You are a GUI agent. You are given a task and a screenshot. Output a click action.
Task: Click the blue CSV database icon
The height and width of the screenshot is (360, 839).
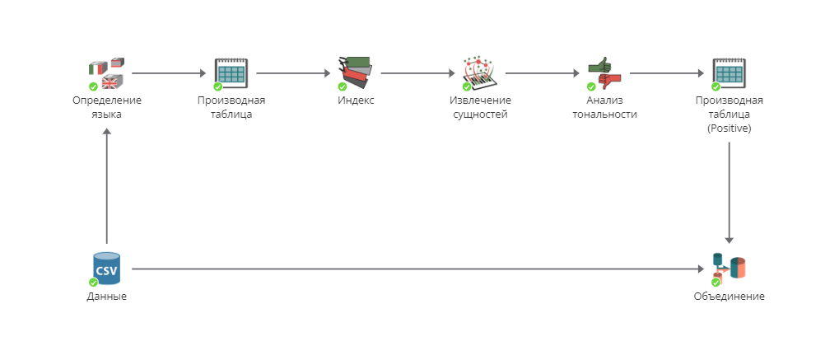(x=107, y=269)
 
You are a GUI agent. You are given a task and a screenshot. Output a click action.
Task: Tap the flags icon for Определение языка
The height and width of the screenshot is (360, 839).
(x=107, y=73)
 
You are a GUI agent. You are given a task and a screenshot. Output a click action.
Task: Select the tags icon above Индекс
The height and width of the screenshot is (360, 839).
(x=356, y=72)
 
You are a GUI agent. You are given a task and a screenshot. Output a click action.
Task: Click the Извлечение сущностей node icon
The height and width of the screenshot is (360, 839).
(x=480, y=73)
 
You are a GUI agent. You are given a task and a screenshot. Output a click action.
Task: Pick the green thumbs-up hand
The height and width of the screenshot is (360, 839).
(x=599, y=66)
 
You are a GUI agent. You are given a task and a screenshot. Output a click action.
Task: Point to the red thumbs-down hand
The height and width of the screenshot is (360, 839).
(x=610, y=81)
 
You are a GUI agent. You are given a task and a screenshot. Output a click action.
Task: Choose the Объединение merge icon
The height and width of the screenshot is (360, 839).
(x=729, y=269)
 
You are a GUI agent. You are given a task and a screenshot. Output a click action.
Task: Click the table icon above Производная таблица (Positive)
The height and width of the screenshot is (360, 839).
(x=729, y=73)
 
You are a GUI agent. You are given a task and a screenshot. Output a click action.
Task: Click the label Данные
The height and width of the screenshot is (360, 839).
(x=107, y=297)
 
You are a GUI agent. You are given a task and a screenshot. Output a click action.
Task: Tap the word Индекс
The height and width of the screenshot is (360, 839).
(x=356, y=101)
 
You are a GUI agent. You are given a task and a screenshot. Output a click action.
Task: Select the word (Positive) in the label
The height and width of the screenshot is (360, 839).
(x=729, y=129)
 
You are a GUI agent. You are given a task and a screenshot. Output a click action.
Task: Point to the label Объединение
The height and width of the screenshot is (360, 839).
(x=729, y=297)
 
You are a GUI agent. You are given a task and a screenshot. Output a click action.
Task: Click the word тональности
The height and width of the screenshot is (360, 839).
(x=605, y=115)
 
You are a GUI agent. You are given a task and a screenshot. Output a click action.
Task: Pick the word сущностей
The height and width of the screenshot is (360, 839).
(x=481, y=115)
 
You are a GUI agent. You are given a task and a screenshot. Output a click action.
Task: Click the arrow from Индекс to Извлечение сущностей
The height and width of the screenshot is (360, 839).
(x=417, y=73)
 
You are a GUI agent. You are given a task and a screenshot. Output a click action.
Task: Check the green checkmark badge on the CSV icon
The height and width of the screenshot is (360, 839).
(x=94, y=282)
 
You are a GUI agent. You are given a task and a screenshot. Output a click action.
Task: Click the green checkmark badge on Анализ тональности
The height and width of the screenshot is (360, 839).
(x=591, y=86)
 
